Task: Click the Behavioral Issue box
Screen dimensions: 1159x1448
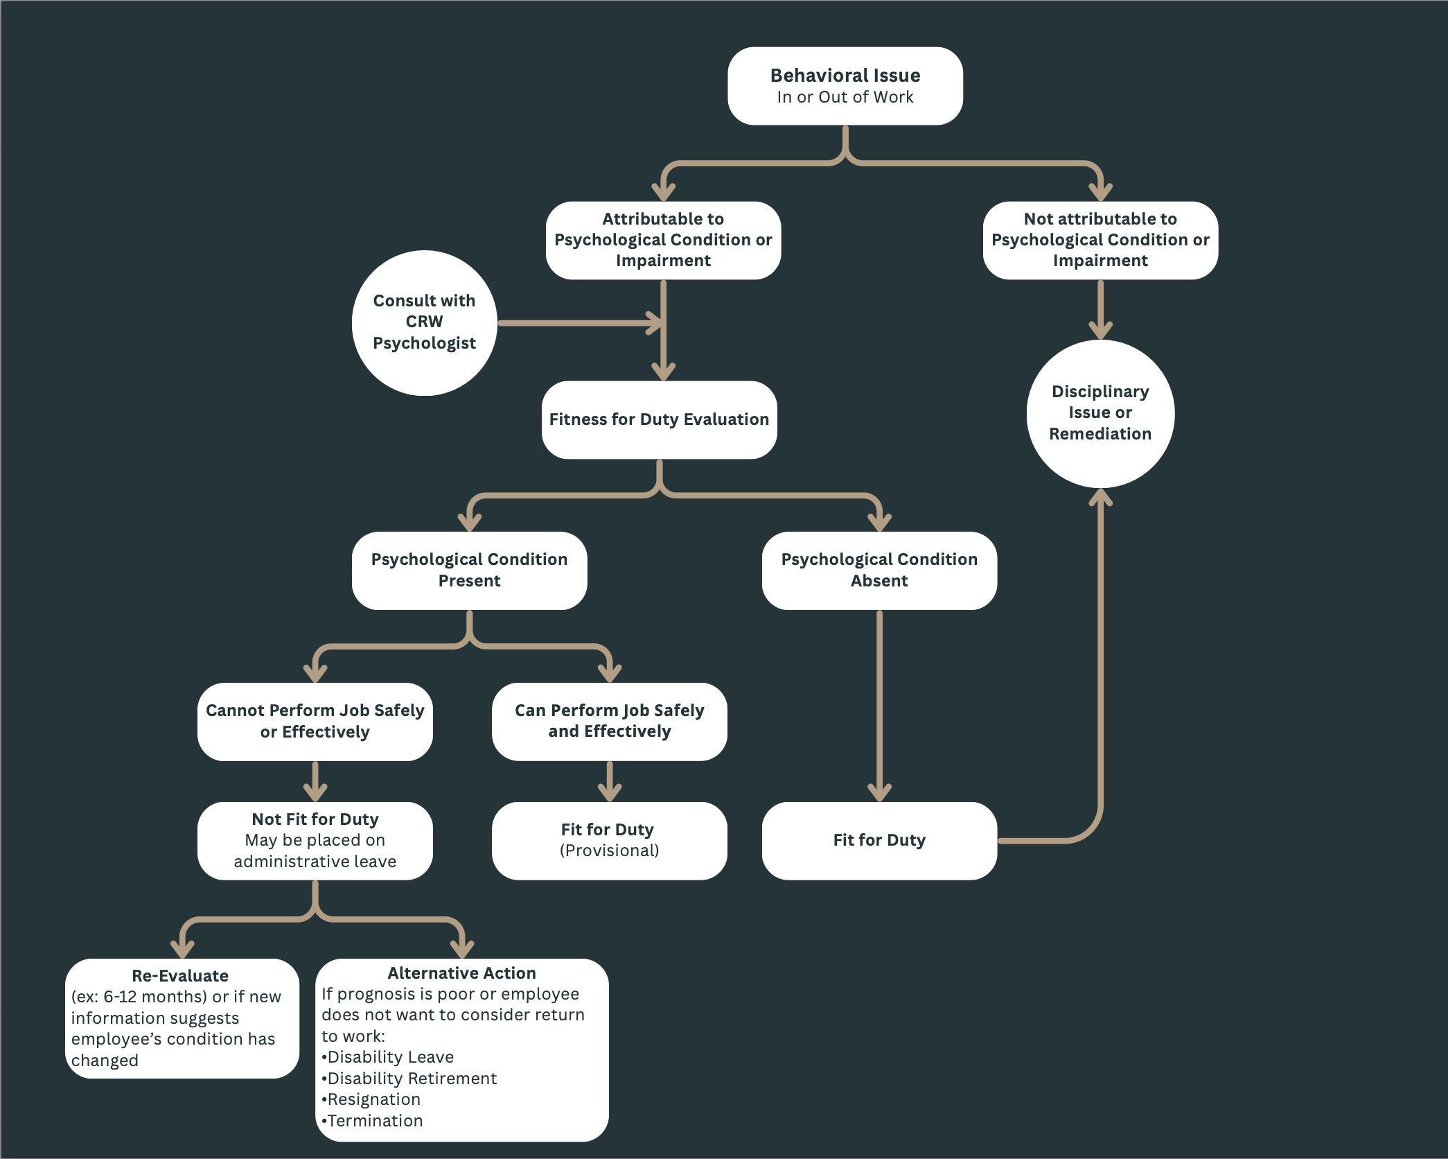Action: coord(845,86)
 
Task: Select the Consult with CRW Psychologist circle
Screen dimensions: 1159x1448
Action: coord(424,322)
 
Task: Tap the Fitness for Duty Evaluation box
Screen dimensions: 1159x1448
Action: coord(659,419)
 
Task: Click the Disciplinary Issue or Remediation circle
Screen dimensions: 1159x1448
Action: coord(1100,413)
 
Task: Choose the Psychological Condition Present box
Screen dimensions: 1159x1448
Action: coord(469,570)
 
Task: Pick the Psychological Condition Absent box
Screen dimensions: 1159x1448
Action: coord(878,570)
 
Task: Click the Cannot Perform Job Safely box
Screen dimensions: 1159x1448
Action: coord(315,721)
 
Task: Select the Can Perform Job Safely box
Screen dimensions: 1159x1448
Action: coord(609,721)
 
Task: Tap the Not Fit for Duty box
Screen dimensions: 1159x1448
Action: coord(315,840)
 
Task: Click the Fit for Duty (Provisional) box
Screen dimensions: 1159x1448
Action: coord(609,840)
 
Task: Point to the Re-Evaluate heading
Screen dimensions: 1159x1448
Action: coord(180,976)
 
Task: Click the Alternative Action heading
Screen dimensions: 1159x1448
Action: coord(461,973)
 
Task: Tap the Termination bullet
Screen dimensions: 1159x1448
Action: coord(374,1121)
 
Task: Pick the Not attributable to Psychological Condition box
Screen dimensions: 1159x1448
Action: coord(1100,240)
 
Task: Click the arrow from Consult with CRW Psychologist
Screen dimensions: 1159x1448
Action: coord(575,323)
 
